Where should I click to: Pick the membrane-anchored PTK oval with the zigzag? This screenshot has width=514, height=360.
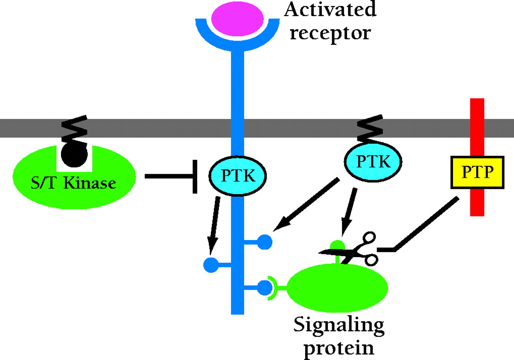(373, 162)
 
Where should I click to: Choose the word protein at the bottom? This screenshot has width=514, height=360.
(338, 347)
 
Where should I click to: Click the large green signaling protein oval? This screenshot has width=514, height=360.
(338, 286)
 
